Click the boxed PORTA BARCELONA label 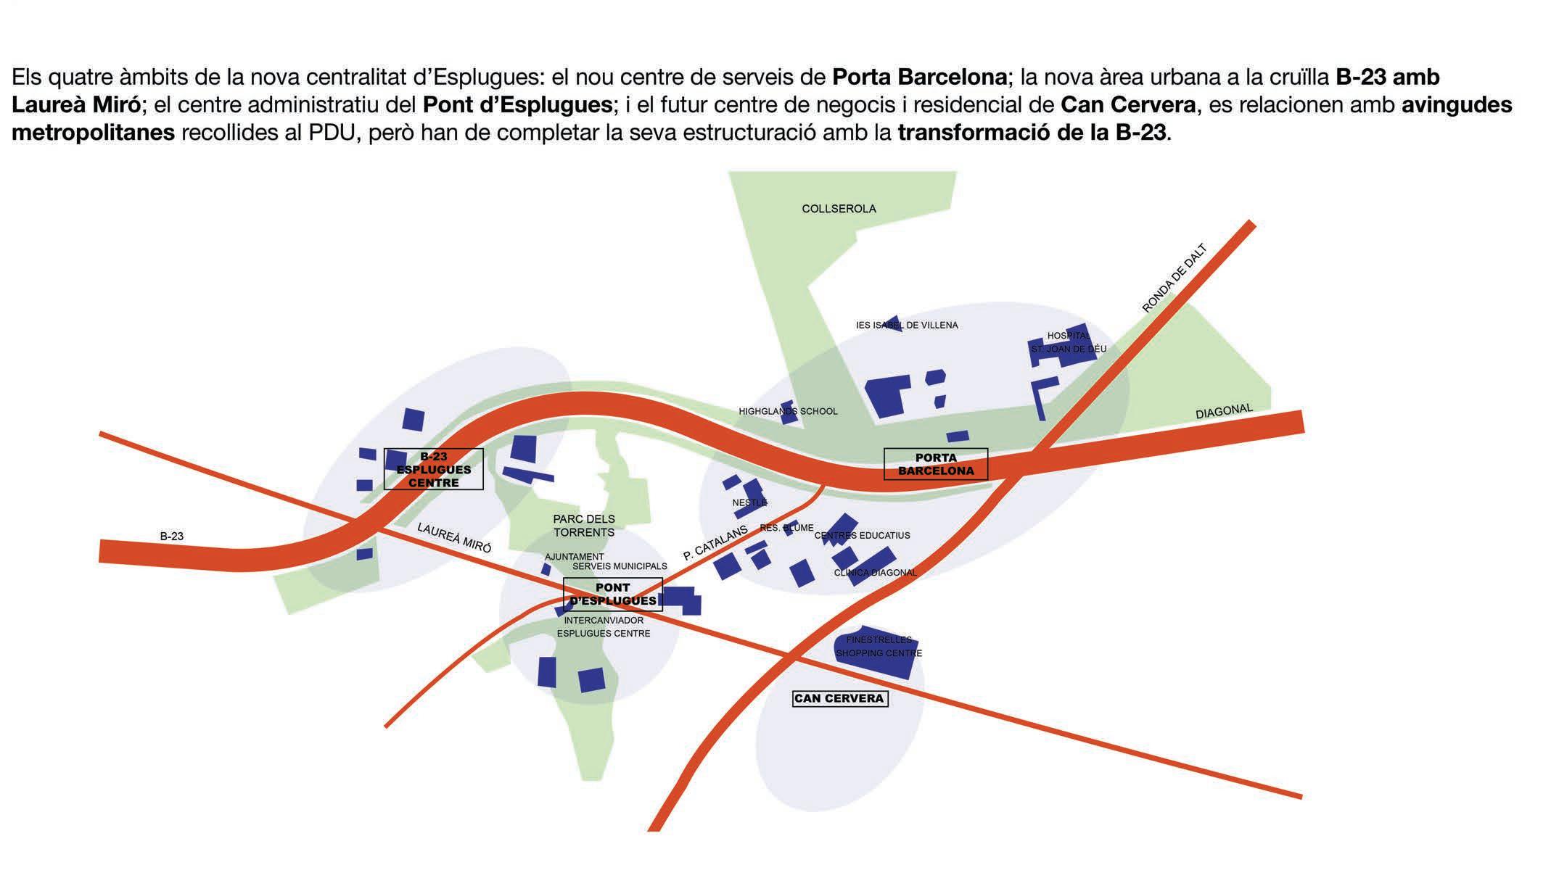936,464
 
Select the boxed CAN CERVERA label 839,698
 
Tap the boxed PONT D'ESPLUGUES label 613,595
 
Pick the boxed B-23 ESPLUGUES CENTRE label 433,469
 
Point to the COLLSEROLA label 839,209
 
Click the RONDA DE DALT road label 1174,278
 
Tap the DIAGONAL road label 1224,411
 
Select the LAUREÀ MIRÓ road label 454,537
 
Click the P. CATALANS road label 715,543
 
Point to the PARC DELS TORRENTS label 584,526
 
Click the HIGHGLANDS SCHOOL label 788,411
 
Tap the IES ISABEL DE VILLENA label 907,326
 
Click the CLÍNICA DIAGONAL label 876,573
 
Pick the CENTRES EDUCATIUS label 862,536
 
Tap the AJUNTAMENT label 574,557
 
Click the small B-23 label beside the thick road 172,537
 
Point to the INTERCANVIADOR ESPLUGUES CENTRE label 604,627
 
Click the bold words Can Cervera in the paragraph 1127,105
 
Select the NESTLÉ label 749,502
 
